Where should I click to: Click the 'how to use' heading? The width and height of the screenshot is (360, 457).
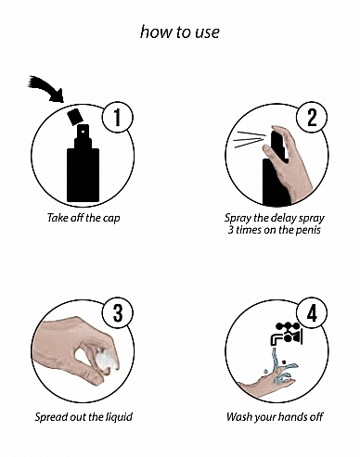click(180, 32)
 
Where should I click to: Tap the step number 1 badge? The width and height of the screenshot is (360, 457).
click(118, 118)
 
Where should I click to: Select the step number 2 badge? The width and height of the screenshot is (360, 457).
click(312, 118)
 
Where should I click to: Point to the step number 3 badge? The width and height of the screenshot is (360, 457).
click(118, 312)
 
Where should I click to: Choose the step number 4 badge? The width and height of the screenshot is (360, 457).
click(312, 312)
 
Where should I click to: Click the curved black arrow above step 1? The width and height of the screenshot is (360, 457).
click(46, 87)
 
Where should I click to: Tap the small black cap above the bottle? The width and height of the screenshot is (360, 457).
click(75, 117)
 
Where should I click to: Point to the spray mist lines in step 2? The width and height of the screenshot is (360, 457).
click(249, 139)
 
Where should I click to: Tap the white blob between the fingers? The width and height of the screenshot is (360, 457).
click(107, 360)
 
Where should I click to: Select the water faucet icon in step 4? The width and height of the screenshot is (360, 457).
click(286, 335)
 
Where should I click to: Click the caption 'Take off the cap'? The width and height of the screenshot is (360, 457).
click(84, 218)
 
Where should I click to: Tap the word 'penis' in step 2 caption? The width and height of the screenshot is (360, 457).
click(308, 230)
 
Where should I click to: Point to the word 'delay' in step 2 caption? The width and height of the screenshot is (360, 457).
click(284, 218)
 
